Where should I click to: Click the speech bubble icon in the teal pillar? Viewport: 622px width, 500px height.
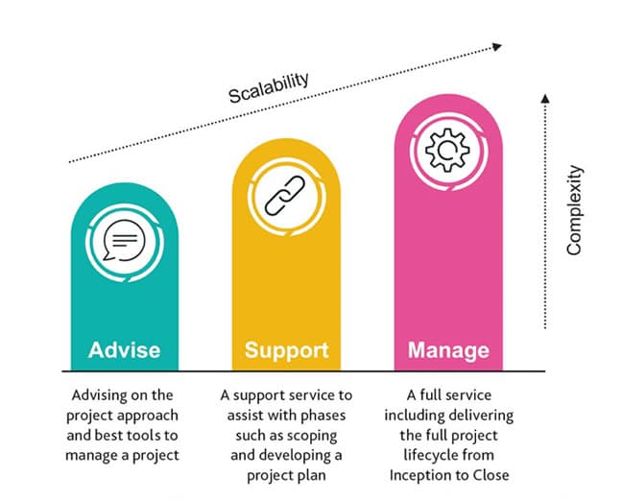[x=124, y=240]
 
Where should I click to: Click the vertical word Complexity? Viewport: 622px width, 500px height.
[x=573, y=210]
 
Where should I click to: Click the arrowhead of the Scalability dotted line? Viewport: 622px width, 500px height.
[x=497, y=44]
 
